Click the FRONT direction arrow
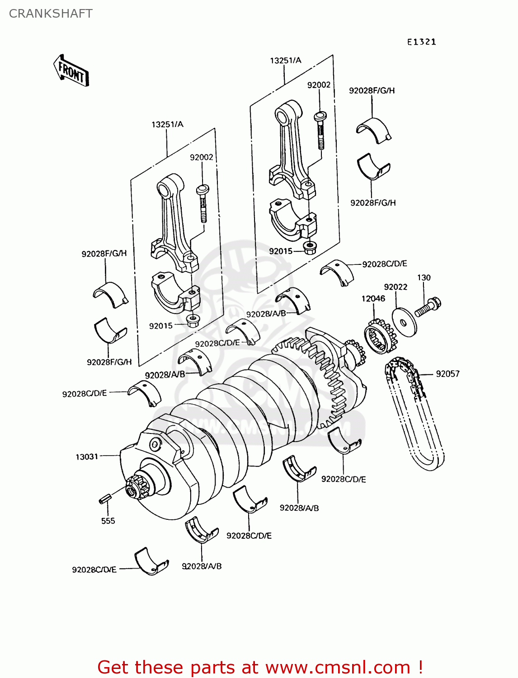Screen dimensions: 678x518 pyautogui.click(x=71, y=71)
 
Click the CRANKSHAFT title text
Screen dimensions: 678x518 pyautogui.click(x=51, y=14)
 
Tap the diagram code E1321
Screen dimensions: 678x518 pyautogui.click(x=421, y=42)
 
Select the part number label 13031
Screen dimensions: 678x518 pyautogui.click(x=87, y=457)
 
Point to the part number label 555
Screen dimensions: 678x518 pyautogui.click(x=108, y=521)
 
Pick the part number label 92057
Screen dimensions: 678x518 pyautogui.click(x=447, y=374)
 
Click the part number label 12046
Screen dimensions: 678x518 pyautogui.click(x=373, y=298)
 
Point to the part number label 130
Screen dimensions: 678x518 pyautogui.click(x=424, y=278)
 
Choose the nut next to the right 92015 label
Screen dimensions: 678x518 pyautogui.click(x=310, y=248)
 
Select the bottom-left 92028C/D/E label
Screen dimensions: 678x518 pyautogui.click(x=94, y=570)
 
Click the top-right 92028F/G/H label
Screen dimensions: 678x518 pyautogui.click(x=372, y=90)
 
